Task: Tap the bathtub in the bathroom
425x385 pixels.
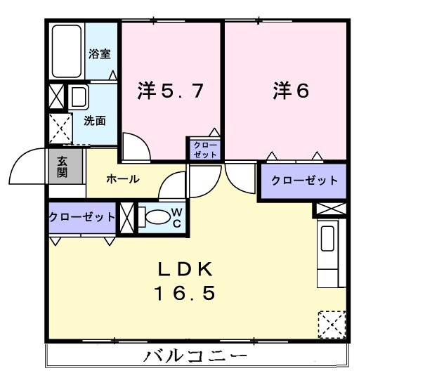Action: [x=67, y=51]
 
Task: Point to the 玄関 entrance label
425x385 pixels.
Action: [x=63, y=166]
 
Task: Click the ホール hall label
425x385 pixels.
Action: [x=122, y=180]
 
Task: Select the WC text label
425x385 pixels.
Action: [x=177, y=217]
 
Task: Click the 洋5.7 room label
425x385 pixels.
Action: [x=171, y=91]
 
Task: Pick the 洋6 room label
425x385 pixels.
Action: [x=291, y=91]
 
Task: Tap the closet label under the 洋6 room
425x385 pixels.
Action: [x=303, y=181]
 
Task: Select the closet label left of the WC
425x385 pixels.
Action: [x=81, y=217]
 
